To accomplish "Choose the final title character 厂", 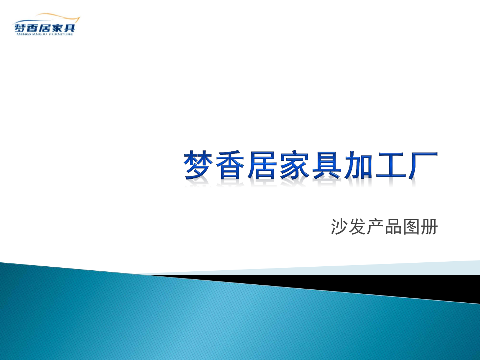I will pyautogui.click(x=422, y=165).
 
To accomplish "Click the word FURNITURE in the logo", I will pyautogui.click(x=61, y=35).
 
